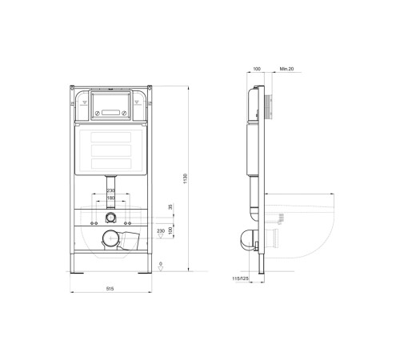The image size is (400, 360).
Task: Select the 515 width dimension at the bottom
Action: (111, 290)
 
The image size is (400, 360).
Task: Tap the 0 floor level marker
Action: (161, 263)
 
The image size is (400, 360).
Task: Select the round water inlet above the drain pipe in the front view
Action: (111, 218)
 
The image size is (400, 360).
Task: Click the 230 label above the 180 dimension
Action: (111, 190)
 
